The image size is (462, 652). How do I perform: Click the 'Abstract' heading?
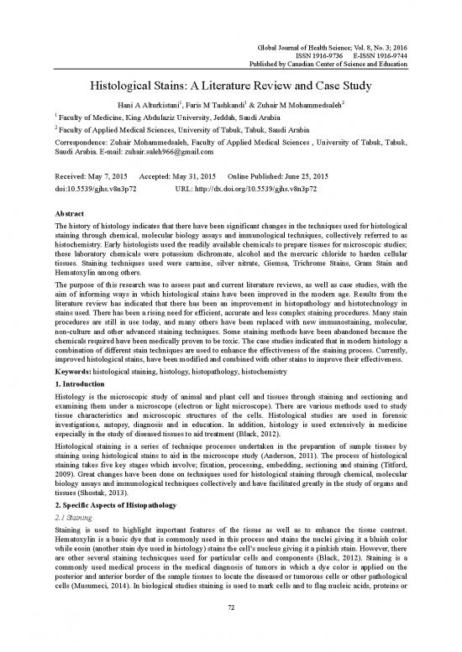tap(66, 216)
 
